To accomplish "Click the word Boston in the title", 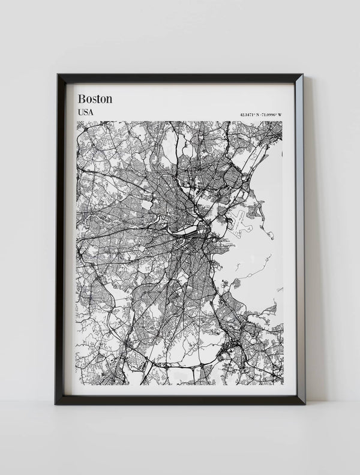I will point(95,98).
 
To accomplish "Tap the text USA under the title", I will point(86,112).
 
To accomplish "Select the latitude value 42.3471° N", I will point(250,114).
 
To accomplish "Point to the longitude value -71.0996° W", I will point(272,114).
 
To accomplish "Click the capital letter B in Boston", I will point(82,98).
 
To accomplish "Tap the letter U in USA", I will point(80,112).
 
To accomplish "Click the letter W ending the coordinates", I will point(280,114).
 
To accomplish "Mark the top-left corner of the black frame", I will point(58,75).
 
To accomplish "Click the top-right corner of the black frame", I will point(302,75).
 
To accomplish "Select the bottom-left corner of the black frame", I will point(55,404).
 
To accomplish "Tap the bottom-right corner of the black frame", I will point(304,404).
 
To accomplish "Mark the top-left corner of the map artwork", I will point(77,122).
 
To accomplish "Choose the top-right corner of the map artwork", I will point(283,122).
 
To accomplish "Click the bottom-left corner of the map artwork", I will point(77,384).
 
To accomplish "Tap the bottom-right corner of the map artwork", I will point(283,384).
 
